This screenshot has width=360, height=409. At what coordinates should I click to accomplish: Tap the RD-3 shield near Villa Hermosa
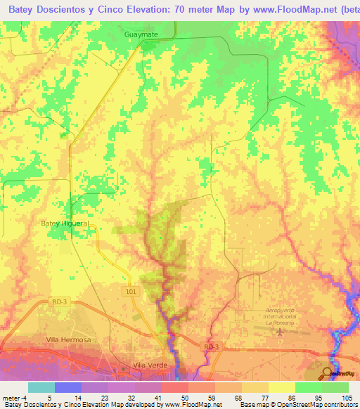(x=59, y=301)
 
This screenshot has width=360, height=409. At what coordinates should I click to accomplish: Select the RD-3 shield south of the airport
(x=211, y=346)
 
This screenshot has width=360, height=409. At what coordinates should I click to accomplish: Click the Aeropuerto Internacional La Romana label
(x=281, y=316)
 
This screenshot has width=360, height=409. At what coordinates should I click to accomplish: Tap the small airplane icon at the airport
(x=283, y=330)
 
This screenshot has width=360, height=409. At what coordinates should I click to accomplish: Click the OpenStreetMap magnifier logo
(x=328, y=372)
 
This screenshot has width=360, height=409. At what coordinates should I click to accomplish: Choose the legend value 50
(x=174, y=398)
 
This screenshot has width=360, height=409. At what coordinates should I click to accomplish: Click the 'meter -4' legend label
(x=13, y=398)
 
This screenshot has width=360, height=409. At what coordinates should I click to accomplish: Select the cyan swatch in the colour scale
(x=41, y=387)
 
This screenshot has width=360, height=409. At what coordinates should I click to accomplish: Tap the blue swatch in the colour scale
(x=68, y=387)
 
